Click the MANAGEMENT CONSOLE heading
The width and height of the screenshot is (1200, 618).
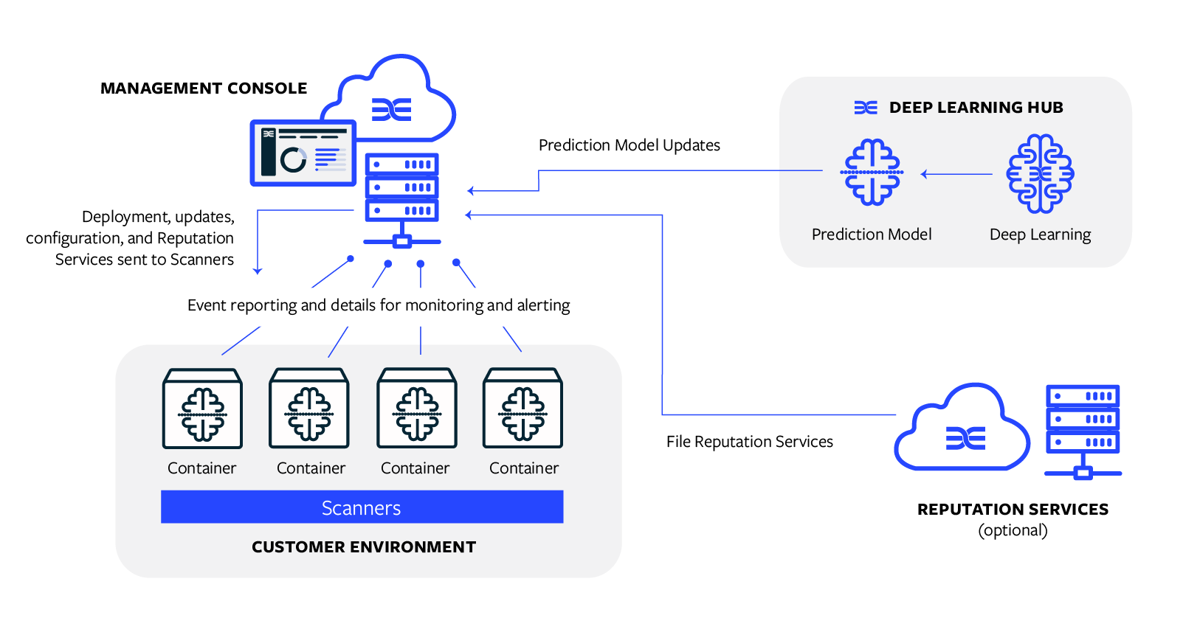pos(204,88)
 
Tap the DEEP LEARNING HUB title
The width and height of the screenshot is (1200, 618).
pos(976,108)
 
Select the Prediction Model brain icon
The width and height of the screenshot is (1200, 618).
pos(872,173)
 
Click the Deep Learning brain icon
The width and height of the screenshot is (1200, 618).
pos(1040,174)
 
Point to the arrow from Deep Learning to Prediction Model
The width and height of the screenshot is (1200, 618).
pos(956,174)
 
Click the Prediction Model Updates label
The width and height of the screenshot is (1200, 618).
pos(629,145)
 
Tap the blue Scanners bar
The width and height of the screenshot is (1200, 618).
pos(362,507)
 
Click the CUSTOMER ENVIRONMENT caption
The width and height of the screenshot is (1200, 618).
pos(364,547)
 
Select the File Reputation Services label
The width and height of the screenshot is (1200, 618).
pos(749,442)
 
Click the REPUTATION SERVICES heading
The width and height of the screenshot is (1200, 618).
pos(1013,510)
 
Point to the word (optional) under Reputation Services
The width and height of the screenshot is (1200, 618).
pos(1013,530)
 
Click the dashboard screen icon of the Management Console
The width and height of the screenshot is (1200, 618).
pos(303,153)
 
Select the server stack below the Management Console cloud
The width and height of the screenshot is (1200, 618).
pos(402,195)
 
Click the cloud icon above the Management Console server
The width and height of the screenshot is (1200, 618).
pos(399,100)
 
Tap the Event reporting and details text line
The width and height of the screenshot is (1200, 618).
pos(379,305)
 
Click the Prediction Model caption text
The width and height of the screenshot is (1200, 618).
pos(872,235)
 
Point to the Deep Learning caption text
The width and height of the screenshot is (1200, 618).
pos(1040,235)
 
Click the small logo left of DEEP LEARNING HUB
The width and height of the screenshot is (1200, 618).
pos(866,108)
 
